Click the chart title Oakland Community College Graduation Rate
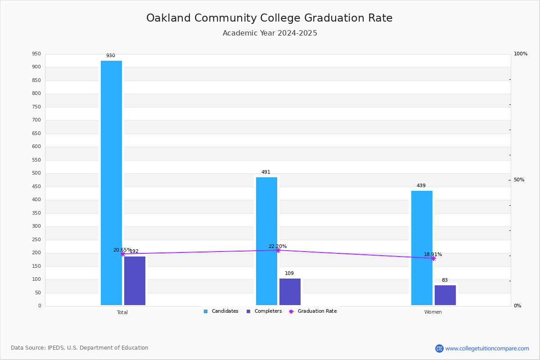tap(269, 18)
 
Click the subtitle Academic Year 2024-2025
tap(270, 33)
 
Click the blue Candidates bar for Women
tap(422, 248)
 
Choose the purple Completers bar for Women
tap(445, 295)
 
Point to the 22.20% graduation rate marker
tap(278, 250)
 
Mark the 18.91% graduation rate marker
tap(433, 258)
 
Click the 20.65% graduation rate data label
tap(122, 250)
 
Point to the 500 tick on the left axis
tap(36, 173)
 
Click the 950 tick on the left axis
tap(36, 54)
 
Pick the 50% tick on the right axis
tap(519, 180)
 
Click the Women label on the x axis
tap(433, 312)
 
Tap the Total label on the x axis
tap(122, 312)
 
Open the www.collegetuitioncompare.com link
tap(487, 348)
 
